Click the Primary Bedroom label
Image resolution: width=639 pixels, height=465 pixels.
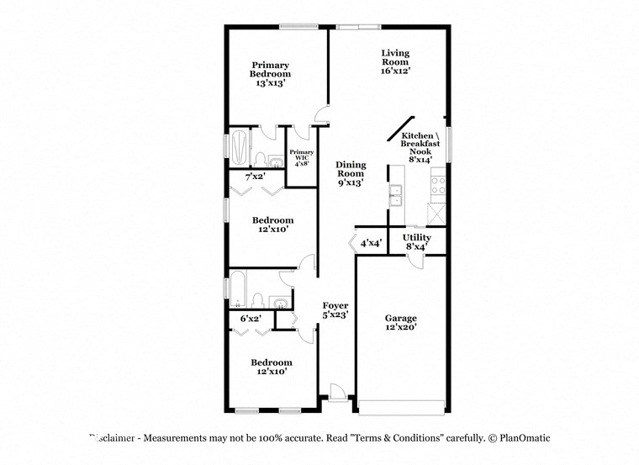270,74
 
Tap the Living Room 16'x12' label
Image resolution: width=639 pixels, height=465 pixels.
395,62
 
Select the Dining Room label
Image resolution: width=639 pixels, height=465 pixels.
350,174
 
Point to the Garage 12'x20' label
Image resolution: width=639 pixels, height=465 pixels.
401,323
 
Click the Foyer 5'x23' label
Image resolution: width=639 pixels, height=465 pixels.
335,309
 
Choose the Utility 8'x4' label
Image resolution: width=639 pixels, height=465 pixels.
417,242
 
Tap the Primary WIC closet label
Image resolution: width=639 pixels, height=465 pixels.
302,157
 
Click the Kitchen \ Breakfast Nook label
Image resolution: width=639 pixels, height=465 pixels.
418,147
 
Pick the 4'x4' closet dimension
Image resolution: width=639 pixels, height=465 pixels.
371,243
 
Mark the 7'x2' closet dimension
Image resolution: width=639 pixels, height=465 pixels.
256,177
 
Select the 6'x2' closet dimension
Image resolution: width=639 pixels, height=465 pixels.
251,318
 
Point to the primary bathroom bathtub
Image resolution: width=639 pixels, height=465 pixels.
239,148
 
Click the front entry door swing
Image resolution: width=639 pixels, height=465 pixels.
336,391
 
